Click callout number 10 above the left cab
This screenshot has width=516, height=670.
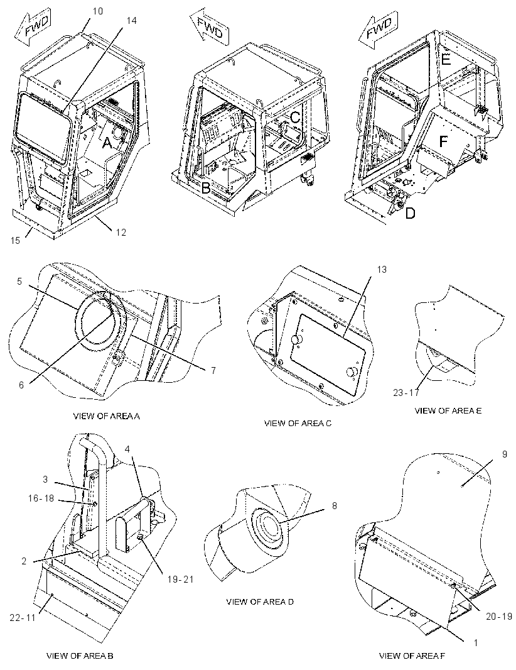98,11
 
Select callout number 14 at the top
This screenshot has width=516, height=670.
132,20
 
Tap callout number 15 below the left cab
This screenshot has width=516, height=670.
15,241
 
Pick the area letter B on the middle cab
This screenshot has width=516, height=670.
206,187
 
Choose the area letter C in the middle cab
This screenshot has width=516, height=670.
295,116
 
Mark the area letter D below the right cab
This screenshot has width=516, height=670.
410,213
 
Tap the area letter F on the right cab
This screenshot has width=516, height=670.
443,141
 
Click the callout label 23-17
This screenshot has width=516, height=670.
406,392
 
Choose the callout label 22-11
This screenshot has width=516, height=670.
23,617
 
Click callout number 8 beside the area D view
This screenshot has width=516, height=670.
334,506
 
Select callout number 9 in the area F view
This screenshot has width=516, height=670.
505,454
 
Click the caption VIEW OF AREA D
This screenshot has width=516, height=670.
260,602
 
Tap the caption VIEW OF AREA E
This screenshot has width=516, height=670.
448,410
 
